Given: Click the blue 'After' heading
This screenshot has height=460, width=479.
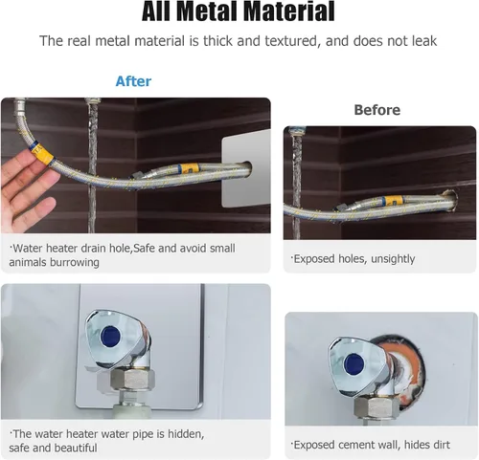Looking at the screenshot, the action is (x=133, y=81).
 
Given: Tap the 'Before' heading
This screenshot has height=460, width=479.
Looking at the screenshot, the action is (x=376, y=110).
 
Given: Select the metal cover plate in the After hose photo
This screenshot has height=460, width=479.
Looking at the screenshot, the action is (x=246, y=169).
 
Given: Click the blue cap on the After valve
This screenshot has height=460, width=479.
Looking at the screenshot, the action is (x=110, y=337).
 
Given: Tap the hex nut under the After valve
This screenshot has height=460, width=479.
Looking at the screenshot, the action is (x=132, y=381).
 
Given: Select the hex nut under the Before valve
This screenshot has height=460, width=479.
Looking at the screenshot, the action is (x=376, y=406).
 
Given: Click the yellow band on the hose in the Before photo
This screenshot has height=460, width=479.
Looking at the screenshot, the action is (x=394, y=201).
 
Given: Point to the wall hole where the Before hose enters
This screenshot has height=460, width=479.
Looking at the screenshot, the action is (x=451, y=200).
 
